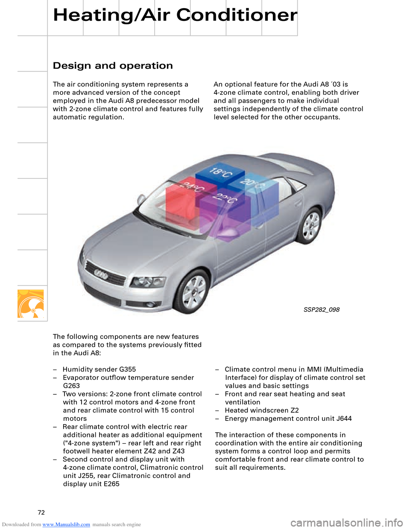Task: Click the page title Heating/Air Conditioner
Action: [x=175, y=15]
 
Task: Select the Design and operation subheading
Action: [x=113, y=66]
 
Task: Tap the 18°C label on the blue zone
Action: [x=220, y=173]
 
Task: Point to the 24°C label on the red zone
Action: [x=192, y=187]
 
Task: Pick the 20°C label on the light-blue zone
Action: [x=252, y=183]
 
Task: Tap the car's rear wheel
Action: [x=310, y=225]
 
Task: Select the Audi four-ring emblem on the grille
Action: [x=101, y=274]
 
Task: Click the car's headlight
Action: [x=147, y=282]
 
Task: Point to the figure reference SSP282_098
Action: [x=321, y=310]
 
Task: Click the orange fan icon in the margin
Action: [x=31, y=304]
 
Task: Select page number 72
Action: [x=41, y=513]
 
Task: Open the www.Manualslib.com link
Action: [x=66, y=524]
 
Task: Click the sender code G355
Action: [x=127, y=370]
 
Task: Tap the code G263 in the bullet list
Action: [x=71, y=386]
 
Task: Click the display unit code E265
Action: [x=111, y=484]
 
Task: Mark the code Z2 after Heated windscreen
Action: [x=294, y=411]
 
